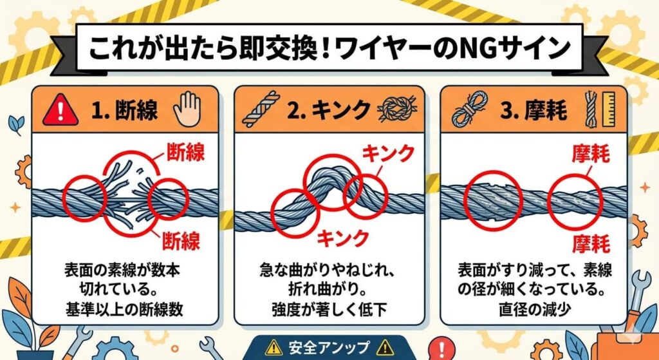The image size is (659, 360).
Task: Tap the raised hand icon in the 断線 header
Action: tap(187, 109)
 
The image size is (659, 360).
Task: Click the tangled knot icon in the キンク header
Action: tap(395, 109)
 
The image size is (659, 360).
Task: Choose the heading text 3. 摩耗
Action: tap(534, 111)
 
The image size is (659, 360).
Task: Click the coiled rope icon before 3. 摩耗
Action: tap(470, 109)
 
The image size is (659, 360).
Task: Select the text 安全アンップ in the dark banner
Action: tap(328, 346)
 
